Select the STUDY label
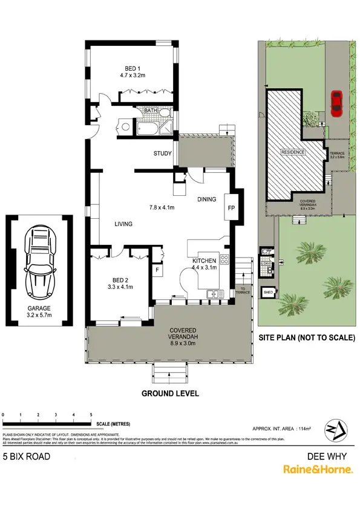pos(162,154)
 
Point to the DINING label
pos(206,199)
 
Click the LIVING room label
pos(123,224)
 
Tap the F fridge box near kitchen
pos(157,270)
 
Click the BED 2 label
pos(120,279)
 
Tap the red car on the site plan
pos(336,103)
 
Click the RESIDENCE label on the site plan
pos(292,152)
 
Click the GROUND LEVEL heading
pos(170,393)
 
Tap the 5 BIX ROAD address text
pos(27,456)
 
